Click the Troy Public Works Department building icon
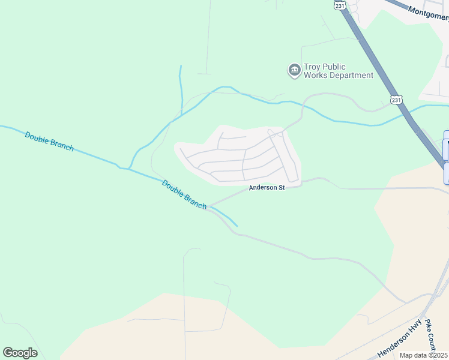pyautogui.click(x=294, y=71)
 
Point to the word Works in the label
pyautogui.click(x=315, y=76)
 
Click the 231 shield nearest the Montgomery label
pyautogui.click(x=340, y=5)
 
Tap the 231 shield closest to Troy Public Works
pyautogui.click(x=395, y=100)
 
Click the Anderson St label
pyautogui.click(x=267, y=188)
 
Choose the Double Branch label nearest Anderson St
pyautogui.click(x=184, y=194)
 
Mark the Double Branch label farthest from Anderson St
pyautogui.click(x=49, y=142)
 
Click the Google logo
pyautogui.click(x=20, y=353)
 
